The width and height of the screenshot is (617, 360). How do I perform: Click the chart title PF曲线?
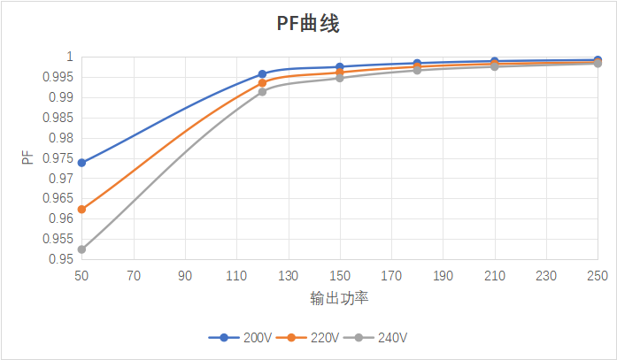pos(308,24)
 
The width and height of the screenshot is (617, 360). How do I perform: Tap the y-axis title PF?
pos(28,158)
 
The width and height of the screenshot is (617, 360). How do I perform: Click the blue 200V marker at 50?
pos(81,163)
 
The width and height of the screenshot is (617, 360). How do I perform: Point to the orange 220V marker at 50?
pos(81,210)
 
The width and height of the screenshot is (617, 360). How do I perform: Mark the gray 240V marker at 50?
pos(81,249)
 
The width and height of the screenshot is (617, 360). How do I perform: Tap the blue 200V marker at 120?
pos(262,74)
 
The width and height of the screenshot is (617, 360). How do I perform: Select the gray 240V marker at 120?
pos(262,92)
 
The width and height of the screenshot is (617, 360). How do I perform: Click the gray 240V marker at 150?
pos(340,78)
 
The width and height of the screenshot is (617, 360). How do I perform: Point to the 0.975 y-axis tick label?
pos(60,158)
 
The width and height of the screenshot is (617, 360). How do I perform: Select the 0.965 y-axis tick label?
pos(60,198)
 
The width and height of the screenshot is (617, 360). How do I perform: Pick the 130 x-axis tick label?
pos(288,275)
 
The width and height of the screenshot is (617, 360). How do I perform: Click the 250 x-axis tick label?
pos(598,275)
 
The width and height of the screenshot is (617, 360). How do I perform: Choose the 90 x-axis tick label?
pos(185,275)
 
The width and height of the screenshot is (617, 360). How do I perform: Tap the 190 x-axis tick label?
pos(443,275)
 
